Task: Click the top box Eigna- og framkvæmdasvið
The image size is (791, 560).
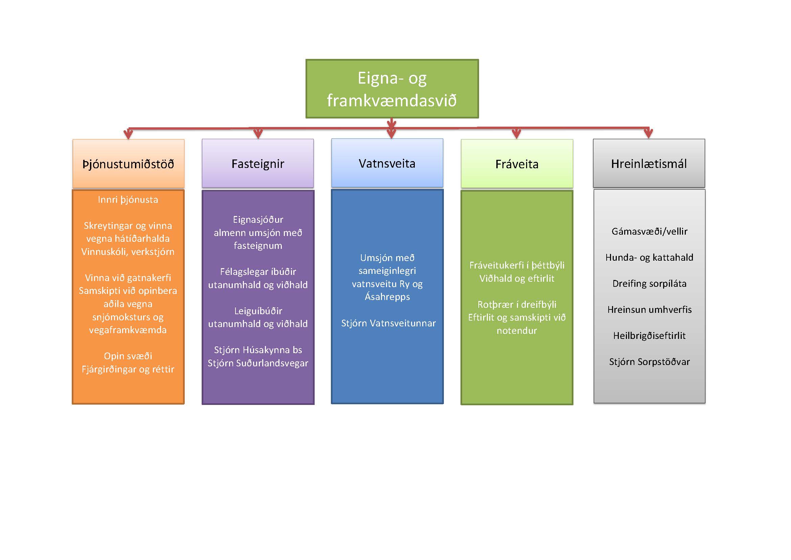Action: (392, 89)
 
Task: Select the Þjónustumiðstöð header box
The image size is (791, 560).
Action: (128, 164)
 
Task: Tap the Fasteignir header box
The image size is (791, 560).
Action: (258, 164)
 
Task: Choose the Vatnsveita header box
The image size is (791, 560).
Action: (387, 163)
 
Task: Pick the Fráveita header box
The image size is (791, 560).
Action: (517, 164)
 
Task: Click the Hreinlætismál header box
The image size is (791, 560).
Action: (649, 163)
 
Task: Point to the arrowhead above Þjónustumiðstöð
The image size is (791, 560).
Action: (128, 134)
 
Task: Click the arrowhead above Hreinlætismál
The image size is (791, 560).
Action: (648, 133)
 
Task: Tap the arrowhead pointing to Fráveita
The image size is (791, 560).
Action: (516, 134)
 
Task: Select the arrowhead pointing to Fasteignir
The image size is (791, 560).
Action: (258, 134)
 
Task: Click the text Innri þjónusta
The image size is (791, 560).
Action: (128, 200)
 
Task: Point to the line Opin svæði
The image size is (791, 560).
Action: (128, 356)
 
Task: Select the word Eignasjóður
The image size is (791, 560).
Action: (258, 220)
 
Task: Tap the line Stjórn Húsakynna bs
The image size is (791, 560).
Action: (258, 350)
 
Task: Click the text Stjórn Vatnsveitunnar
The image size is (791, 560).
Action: (388, 323)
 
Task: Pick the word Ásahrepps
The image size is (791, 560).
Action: (387, 297)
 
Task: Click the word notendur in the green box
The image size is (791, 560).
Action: (516, 330)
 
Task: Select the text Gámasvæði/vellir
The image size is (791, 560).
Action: (649, 231)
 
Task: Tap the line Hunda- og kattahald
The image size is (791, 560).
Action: (649, 257)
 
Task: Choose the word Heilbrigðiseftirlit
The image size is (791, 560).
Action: (649, 336)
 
